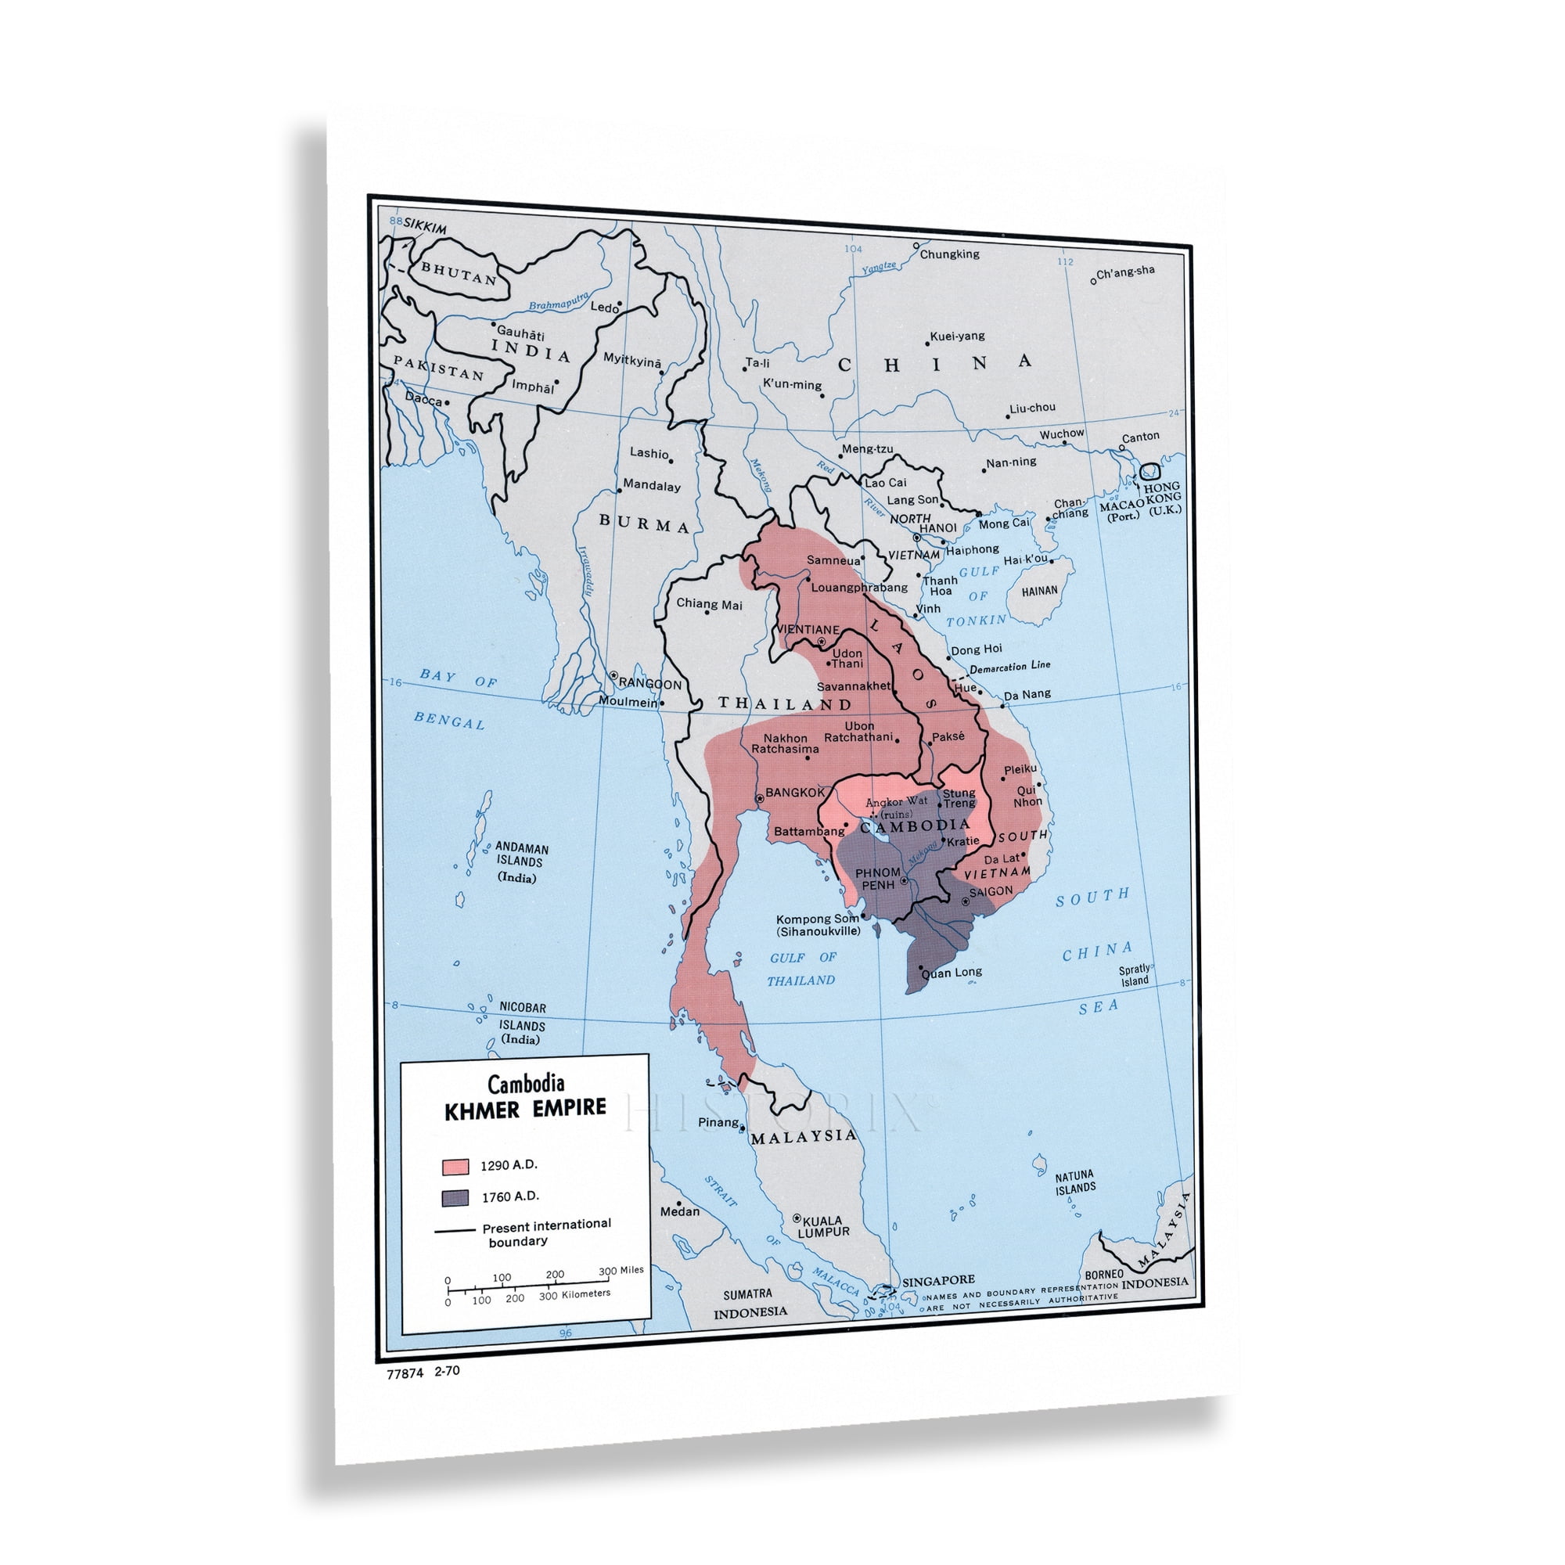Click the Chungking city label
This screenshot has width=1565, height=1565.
click(949, 254)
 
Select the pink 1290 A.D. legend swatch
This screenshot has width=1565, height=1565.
click(455, 1167)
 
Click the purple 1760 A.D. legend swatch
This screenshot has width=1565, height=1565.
click(455, 1198)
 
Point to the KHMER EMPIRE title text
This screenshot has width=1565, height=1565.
click(525, 1109)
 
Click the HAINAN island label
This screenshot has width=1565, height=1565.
click(1039, 592)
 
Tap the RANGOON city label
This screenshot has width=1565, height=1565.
click(649, 684)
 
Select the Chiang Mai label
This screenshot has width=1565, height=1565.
click(709, 604)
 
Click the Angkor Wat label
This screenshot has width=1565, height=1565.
click(897, 802)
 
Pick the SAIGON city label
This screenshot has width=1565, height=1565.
click(991, 892)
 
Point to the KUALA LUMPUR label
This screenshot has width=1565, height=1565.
click(824, 1226)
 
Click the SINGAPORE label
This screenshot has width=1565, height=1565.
click(938, 1281)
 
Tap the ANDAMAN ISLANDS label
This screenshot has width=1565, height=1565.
click(522, 855)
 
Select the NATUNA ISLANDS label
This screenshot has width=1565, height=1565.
click(1075, 1182)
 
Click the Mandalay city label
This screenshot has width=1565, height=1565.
click(651, 486)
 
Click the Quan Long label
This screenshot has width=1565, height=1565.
click(952, 972)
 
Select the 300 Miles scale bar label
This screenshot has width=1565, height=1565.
click(621, 1270)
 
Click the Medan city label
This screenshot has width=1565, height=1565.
click(680, 1212)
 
